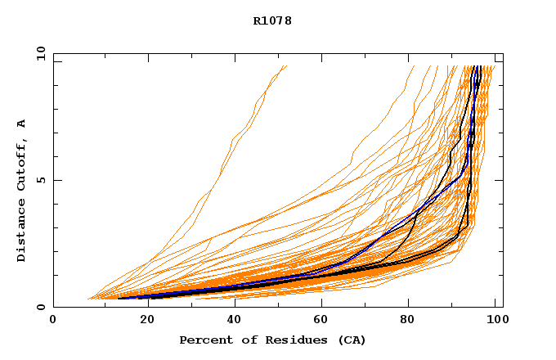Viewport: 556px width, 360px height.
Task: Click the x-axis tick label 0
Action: tap(53, 320)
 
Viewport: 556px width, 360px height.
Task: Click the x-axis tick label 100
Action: tap(495, 320)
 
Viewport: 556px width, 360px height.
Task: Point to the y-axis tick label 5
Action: tap(40, 180)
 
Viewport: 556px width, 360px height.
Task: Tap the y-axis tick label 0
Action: tap(40, 307)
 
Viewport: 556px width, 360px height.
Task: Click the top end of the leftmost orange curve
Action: tap(286, 66)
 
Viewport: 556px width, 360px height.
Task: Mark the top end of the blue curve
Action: tap(477, 66)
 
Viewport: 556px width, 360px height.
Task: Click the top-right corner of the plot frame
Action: tap(503, 53)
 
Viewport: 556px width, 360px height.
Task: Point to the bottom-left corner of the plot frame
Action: tap(53, 307)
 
